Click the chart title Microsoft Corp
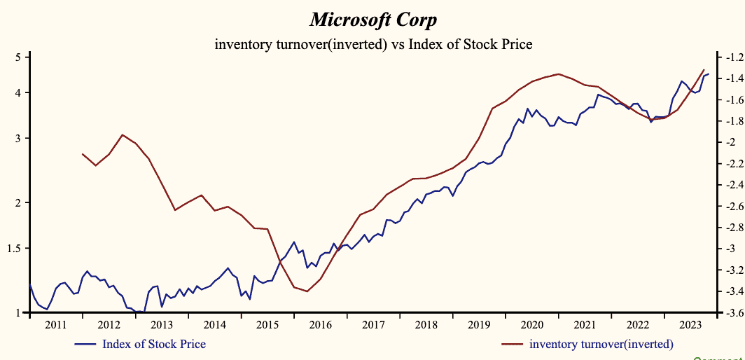(x=372, y=18)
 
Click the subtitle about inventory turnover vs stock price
(x=373, y=45)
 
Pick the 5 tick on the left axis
(x=18, y=57)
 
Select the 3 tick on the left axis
(x=18, y=138)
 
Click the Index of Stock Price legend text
(x=154, y=343)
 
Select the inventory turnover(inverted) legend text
(x=601, y=343)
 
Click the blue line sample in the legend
(x=85, y=344)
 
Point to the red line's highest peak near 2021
(x=558, y=74)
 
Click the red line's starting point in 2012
(x=83, y=153)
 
